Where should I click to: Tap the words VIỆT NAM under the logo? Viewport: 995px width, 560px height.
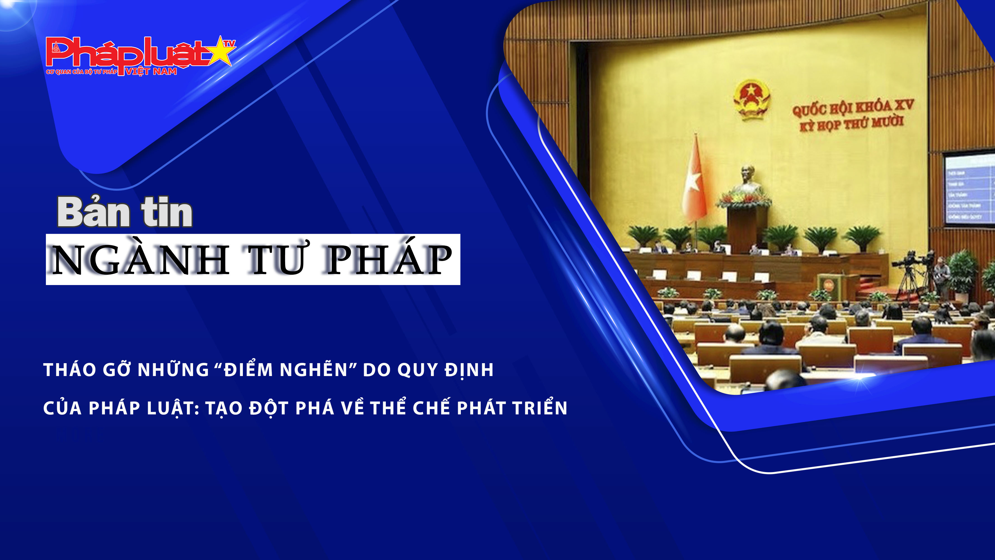[x=151, y=71]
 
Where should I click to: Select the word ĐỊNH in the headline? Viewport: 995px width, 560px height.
[x=469, y=370]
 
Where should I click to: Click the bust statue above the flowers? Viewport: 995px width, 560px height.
[x=748, y=179]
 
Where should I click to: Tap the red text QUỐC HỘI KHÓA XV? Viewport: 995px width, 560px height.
[x=853, y=108]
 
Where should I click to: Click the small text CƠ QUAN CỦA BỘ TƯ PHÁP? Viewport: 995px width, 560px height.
[x=81, y=72]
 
